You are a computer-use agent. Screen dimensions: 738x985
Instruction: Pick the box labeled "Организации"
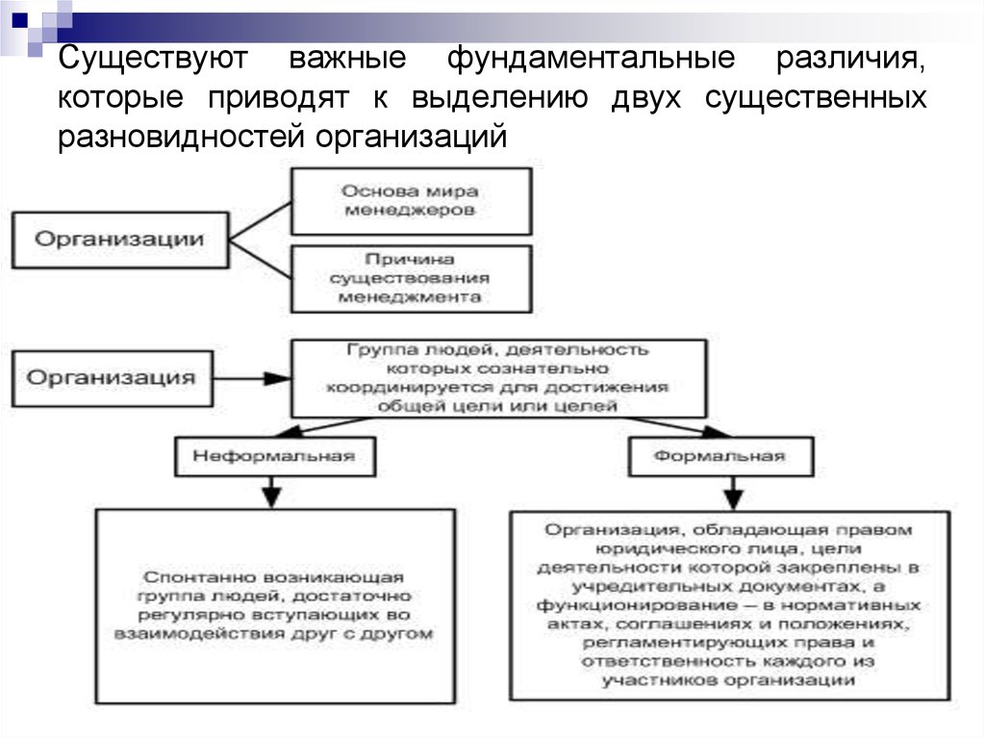[x=119, y=239]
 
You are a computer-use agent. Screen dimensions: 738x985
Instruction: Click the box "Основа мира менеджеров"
[x=410, y=200]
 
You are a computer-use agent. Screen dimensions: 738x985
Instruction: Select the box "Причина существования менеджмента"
[x=410, y=278]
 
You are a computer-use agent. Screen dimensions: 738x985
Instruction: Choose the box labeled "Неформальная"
[x=273, y=455]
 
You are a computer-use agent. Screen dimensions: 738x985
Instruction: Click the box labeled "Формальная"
[x=719, y=455]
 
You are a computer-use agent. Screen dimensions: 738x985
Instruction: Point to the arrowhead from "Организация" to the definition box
[x=280, y=378]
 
